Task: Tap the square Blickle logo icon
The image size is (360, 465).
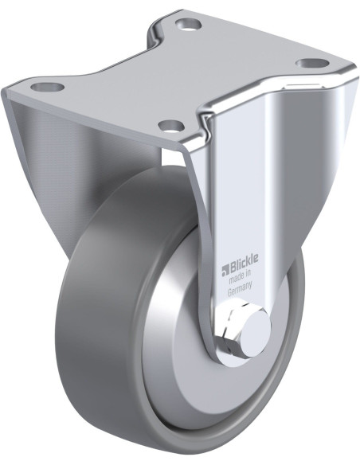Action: [x=225, y=269]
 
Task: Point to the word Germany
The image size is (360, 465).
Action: [x=240, y=287]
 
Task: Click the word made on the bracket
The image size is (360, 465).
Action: [x=237, y=277]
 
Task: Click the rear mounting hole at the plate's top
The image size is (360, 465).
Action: [x=189, y=23]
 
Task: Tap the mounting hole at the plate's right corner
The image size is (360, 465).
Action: [x=313, y=64]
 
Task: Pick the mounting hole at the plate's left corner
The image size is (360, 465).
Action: [x=48, y=87]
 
